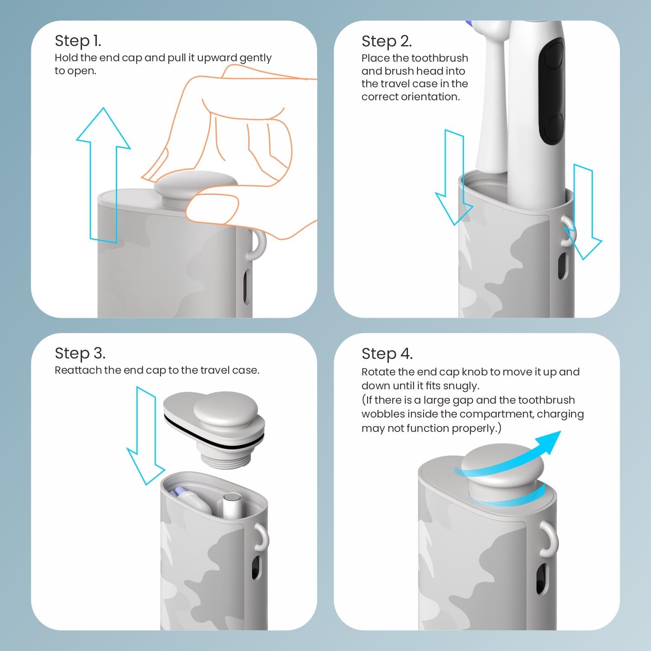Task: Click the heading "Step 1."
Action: (78, 41)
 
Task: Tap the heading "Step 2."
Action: (386, 41)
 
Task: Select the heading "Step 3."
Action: (80, 353)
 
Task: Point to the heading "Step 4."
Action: (387, 354)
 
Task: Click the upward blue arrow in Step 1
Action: (103, 174)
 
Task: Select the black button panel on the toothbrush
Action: (551, 91)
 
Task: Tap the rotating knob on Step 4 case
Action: (502, 471)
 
